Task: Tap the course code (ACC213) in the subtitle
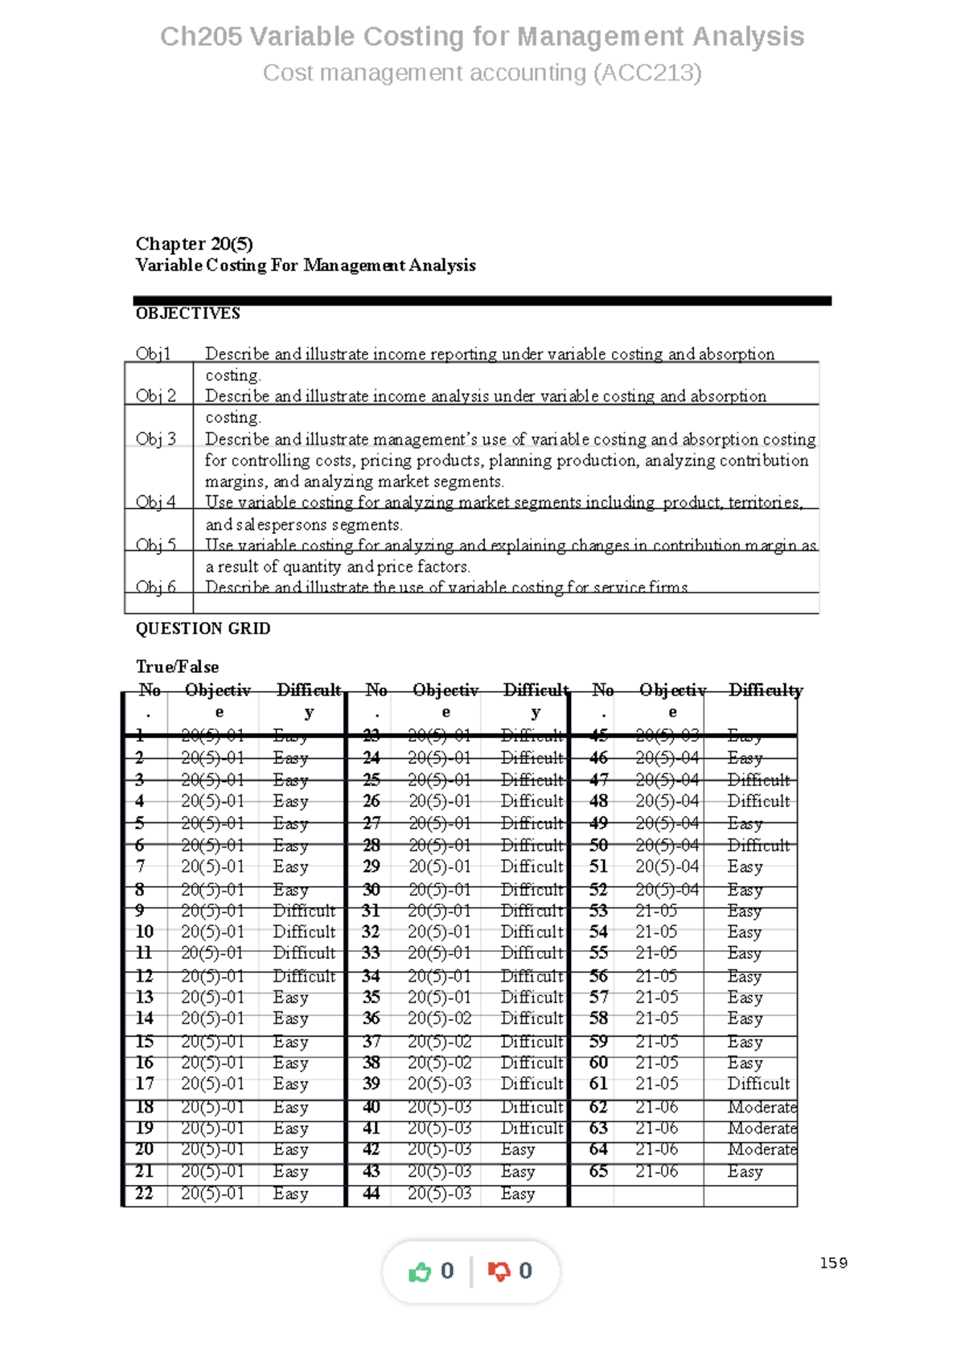(647, 73)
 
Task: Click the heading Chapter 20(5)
(194, 244)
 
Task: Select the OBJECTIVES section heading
(187, 314)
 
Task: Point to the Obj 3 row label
(155, 439)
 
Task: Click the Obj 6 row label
(155, 587)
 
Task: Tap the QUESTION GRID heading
(203, 629)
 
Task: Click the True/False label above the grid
(177, 666)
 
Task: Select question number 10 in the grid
(145, 932)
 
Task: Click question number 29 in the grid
(372, 867)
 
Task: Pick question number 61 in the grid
(598, 1084)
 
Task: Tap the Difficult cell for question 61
(758, 1084)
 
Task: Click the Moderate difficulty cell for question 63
(762, 1129)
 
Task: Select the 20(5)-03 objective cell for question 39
(439, 1084)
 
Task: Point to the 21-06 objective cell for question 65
(657, 1172)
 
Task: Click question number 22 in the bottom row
(144, 1194)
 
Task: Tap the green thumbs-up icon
(420, 1272)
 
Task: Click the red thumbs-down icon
(499, 1272)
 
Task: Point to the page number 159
(833, 1263)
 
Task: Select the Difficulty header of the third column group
(765, 691)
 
